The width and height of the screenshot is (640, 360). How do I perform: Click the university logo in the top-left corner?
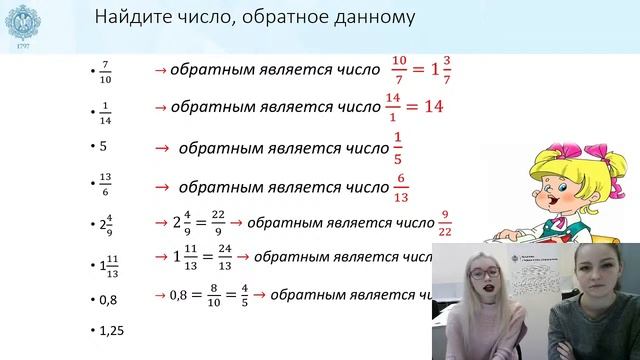[x=23, y=22]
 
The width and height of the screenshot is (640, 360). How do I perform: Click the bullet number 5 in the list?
[x=103, y=146]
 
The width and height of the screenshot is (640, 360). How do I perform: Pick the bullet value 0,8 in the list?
[x=108, y=297]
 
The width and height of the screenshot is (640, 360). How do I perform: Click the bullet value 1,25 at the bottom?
[x=111, y=329]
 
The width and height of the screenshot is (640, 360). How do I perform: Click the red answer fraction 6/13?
[x=402, y=185]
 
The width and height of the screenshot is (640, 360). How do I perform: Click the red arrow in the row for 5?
[x=160, y=148]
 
